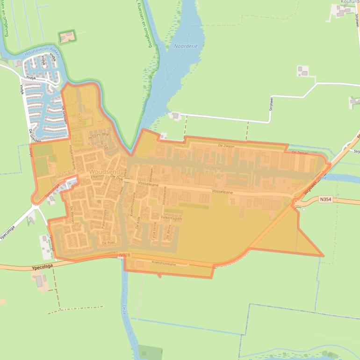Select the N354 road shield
(x=326, y=199)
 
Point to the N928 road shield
(x=124, y=255)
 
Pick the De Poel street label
(x=108, y=243)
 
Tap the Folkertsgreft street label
(x=171, y=218)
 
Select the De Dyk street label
(x=116, y=178)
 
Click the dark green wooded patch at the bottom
(x=150, y=353)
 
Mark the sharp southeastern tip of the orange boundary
(x=323, y=256)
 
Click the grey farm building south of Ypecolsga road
(x=41, y=281)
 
